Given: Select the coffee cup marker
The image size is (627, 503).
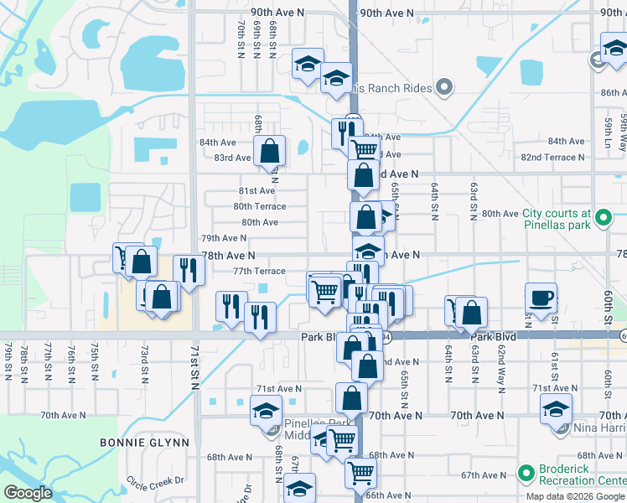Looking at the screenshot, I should click(x=541, y=298).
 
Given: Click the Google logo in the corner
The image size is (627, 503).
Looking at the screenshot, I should click(x=28, y=493).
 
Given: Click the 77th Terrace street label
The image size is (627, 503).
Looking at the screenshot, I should click(x=259, y=271).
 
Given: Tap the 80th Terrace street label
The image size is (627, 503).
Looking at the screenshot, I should click(x=259, y=206).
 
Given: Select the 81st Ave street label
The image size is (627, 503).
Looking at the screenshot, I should click(x=257, y=191).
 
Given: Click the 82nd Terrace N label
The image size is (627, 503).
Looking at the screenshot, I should click(x=553, y=158).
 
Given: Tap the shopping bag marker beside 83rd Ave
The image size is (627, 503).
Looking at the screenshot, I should click(x=270, y=151).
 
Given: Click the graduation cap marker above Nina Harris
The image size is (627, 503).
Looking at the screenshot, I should click(x=556, y=410).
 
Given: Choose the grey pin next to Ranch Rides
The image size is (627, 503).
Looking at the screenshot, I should click(x=444, y=88).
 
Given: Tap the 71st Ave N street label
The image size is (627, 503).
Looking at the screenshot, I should click(x=278, y=389).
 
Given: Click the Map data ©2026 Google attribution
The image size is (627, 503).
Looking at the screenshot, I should click(x=576, y=496).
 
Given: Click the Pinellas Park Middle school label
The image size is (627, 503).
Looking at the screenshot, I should click(x=311, y=423).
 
